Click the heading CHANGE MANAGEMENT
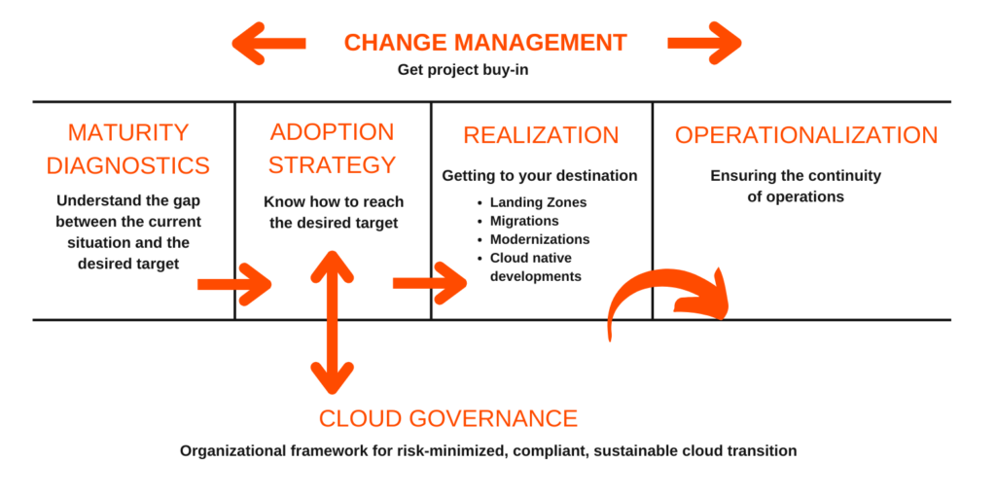click(485, 43)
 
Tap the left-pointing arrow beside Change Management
click(268, 43)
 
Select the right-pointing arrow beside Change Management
click(704, 43)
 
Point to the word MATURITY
click(128, 132)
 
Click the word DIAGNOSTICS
click(128, 165)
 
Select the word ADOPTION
click(332, 132)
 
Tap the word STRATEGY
click(332, 165)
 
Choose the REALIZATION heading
click(541, 135)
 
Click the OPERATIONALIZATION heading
click(806, 135)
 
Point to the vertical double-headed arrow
click(332, 322)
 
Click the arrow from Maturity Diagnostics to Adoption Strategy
click(234, 284)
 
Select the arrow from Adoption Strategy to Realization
click(430, 283)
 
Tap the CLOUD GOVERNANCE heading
click(448, 419)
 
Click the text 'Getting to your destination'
click(540, 177)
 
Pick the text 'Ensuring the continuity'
click(796, 176)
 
